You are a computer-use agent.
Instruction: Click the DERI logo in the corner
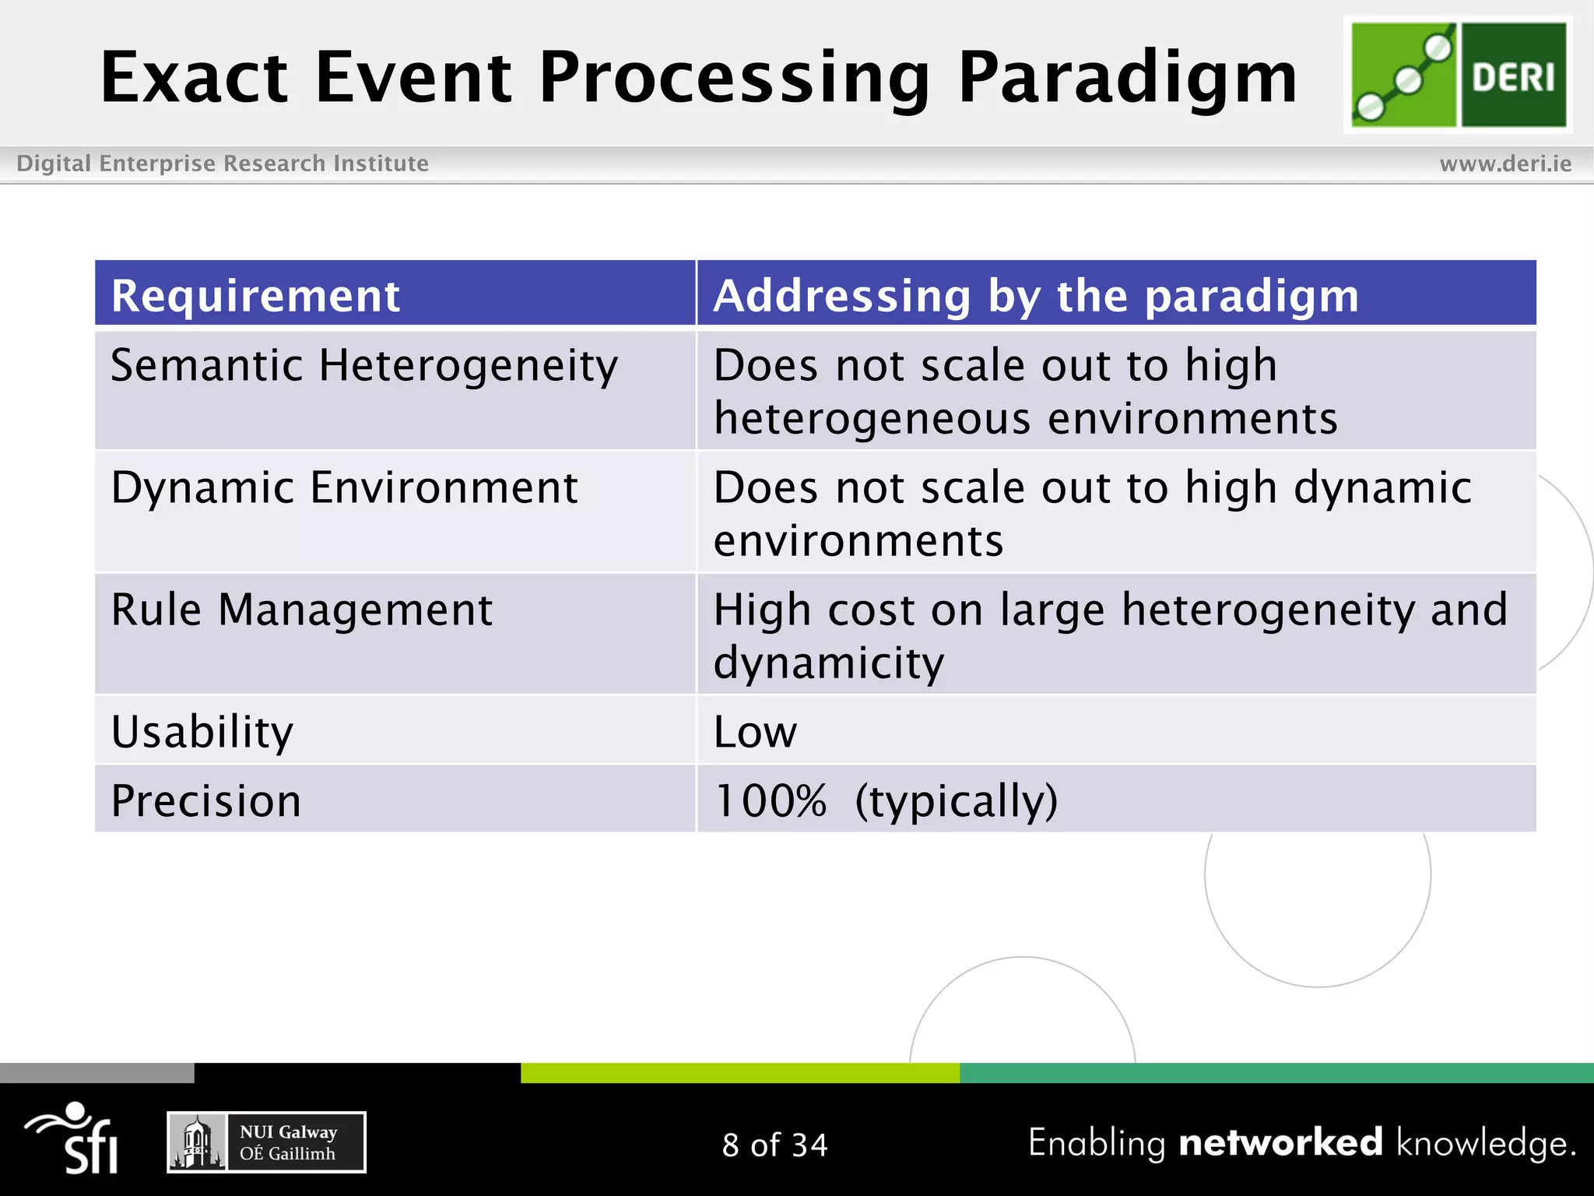(1458, 75)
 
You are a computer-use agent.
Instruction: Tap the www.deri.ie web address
(1505, 164)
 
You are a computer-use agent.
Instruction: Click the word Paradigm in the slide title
(1127, 78)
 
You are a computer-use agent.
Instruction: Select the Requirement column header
(255, 296)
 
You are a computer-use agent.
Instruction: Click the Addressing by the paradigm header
(1035, 296)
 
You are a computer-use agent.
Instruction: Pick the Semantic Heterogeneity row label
(363, 365)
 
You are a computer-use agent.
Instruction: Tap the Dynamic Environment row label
(344, 488)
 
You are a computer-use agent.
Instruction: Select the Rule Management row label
(301, 610)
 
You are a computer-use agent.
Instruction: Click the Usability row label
(202, 732)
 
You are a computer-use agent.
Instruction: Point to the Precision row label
(205, 800)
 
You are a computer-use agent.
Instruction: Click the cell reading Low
(755, 732)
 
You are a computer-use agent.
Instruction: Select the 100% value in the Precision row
(770, 800)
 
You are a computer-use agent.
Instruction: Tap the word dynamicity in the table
(828, 663)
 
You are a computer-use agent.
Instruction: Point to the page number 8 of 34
(774, 1145)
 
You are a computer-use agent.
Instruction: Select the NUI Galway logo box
(266, 1142)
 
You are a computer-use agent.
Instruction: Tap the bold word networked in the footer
(1280, 1143)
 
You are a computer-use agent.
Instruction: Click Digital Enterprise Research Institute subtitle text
(223, 164)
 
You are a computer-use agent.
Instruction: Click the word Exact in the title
(195, 78)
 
